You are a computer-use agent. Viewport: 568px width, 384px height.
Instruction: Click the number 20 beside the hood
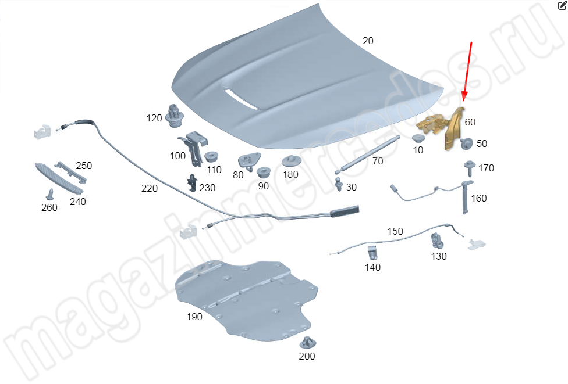(368, 41)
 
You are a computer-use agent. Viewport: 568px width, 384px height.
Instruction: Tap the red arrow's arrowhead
(464, 96)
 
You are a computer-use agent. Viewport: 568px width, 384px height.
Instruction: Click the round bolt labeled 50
(467, 143)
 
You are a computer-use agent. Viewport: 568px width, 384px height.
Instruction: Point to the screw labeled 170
(470, 168)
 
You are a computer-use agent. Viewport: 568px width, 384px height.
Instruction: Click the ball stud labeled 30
(339, 184)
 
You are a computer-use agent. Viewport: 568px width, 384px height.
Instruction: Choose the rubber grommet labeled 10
(418, 139)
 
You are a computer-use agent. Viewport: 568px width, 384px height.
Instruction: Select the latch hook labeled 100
(194, 148)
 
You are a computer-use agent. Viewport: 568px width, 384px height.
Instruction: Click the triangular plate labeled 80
(249, 161)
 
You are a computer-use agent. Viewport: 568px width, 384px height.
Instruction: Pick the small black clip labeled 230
(192, 184)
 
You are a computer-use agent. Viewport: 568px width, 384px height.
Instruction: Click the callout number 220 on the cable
(149, 188)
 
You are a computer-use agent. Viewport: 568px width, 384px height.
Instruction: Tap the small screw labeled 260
(50, 194)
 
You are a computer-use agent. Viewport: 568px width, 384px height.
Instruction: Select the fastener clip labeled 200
(307, 342)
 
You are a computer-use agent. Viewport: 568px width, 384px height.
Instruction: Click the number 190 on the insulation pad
(194, 317)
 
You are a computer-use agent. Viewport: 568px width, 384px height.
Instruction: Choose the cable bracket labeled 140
(372, 253)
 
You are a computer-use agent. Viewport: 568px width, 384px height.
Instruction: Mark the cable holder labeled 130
(436, 241)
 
